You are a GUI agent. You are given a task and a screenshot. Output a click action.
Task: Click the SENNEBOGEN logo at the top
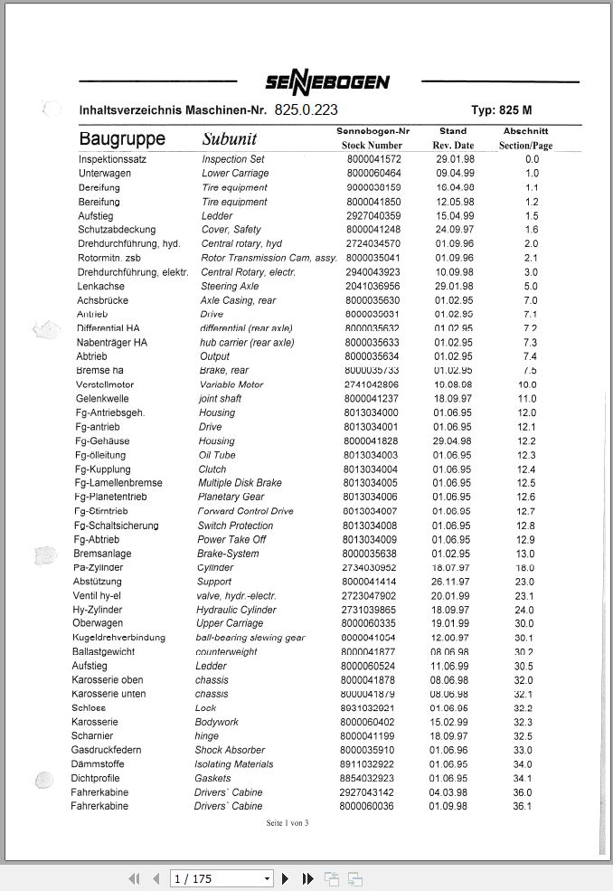click(327, 82)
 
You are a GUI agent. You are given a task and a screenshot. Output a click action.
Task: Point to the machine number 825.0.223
click(306, 109)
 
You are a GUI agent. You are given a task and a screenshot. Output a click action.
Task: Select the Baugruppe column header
click(122, 139)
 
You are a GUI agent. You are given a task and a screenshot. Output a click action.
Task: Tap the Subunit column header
click(229, 139)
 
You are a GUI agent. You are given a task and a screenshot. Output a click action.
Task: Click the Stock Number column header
click(372, 145)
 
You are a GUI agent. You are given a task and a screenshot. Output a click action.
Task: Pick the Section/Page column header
click(525, 146)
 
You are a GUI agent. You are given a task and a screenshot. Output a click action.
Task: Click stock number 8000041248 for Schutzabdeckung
click(373, 230)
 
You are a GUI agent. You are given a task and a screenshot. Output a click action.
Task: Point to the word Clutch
click(213, 469)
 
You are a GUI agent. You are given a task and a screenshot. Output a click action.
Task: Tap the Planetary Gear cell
click(231, 497)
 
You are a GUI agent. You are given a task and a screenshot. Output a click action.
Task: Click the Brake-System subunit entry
click(228, 554)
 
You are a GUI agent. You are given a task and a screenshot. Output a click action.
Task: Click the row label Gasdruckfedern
click(106, 750)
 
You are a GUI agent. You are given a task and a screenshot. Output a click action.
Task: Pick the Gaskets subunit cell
click(213, 778)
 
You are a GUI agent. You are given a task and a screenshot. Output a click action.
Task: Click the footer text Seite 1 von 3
click(288, 823)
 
